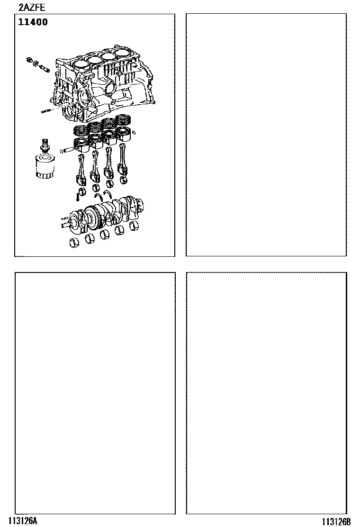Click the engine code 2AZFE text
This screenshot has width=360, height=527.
32,7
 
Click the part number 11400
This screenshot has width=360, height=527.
33,22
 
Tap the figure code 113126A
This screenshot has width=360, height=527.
23,521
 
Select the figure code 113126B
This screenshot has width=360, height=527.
336,521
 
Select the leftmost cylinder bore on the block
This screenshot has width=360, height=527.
81,64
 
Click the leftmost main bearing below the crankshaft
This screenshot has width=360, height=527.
74,243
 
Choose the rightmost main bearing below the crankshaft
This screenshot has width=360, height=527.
135,226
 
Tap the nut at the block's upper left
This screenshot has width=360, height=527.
29,60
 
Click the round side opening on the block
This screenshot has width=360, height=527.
110,89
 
